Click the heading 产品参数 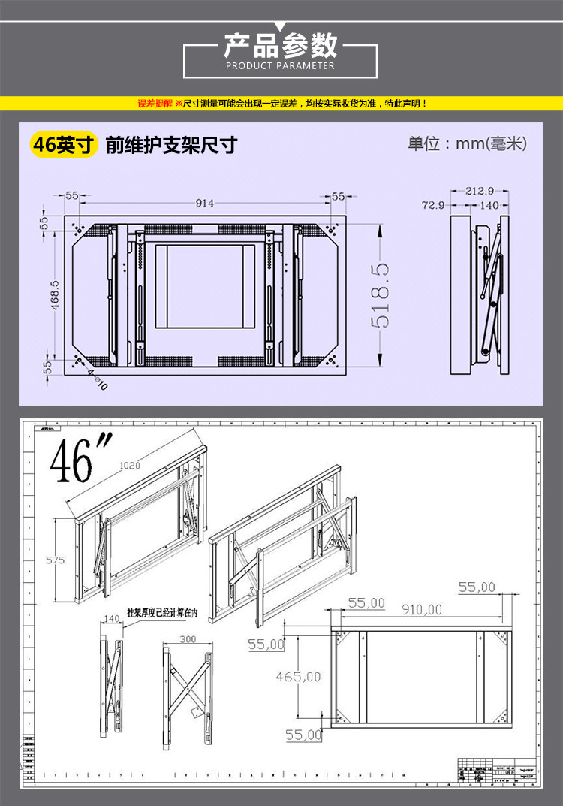pyautogui.click(x=281, y=46)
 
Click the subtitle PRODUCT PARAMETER pyautogui.click(x=281, y=66)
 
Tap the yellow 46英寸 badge pyautogui.click(x=64, y=144)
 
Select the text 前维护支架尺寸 pyautogui.click(x=171, y=144)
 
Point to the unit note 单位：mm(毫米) pyautogui.click(x=468, y=143)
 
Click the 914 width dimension pyautogui.click(x=204, y=203)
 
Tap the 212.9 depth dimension pyautogui.click(x=480, y=190)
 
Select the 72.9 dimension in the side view pyautogui.click(x=433, y=204)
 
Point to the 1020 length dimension pyautogui.click(x=130, y=466)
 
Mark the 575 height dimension pyautogui.click(x=56, y=560)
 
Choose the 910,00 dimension pyautogui.click(x=421, y=610)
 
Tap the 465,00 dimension pyautogui.click(x=298, y=677)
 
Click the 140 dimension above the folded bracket pyautogui.click(x=112, y=619)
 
